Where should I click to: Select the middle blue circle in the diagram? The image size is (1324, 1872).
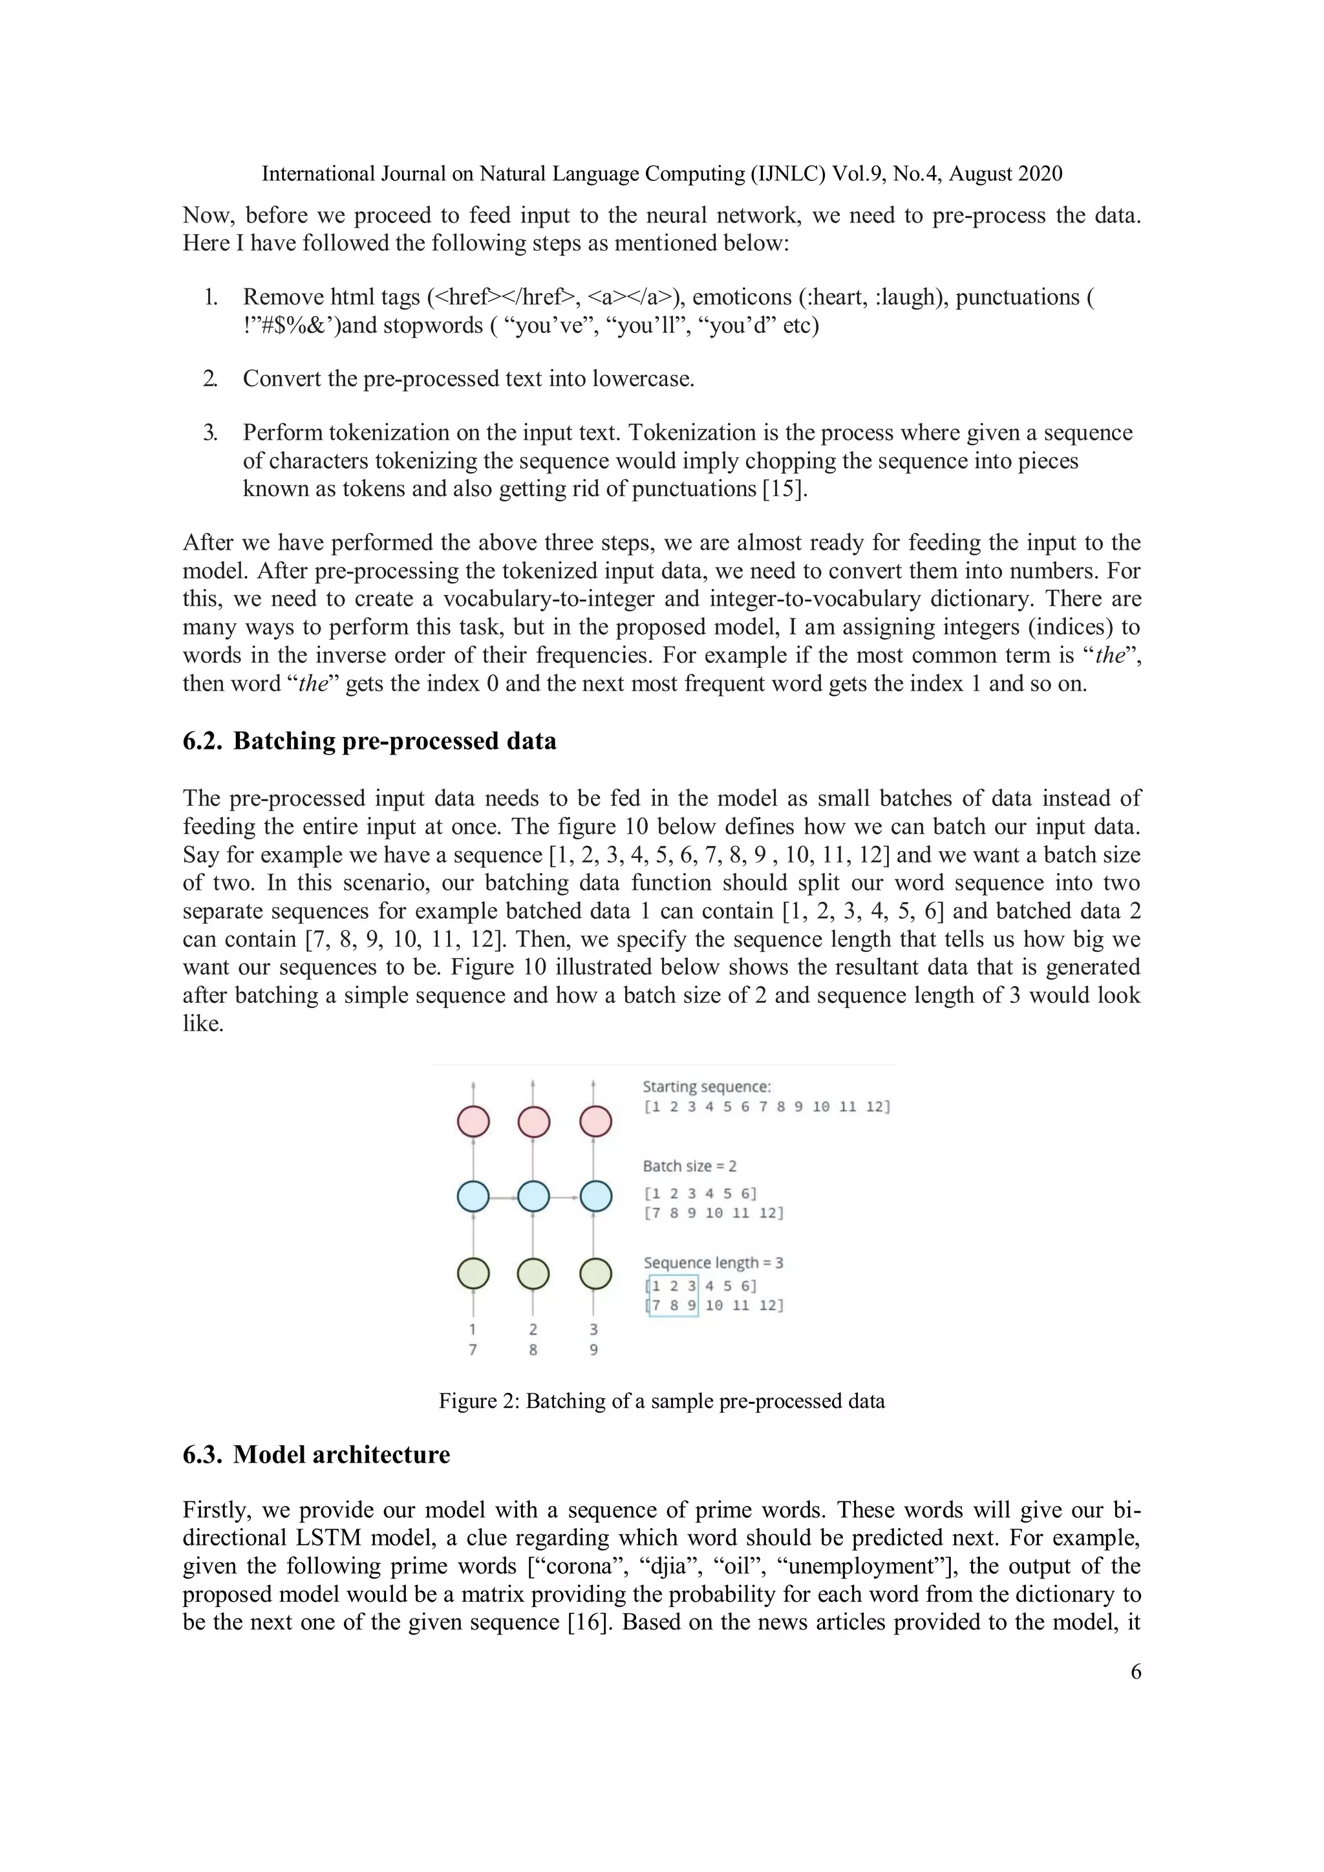tap(533, 1197)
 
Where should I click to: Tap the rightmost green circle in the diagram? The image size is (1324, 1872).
tap(595, 1273)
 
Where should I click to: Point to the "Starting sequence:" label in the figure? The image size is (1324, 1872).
tap(706, 1086)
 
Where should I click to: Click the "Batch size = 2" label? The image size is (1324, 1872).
tap(689, 1166)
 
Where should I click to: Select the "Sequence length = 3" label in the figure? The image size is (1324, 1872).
tap(712, 1262)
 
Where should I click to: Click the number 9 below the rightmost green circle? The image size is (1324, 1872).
tap(593, 1350)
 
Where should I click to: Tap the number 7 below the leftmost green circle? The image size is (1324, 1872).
tap(473, 1350)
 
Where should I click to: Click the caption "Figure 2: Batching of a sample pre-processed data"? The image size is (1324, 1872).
tap(661, 1401)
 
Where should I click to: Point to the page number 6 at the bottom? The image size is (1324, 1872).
tap(1136, 1672)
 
